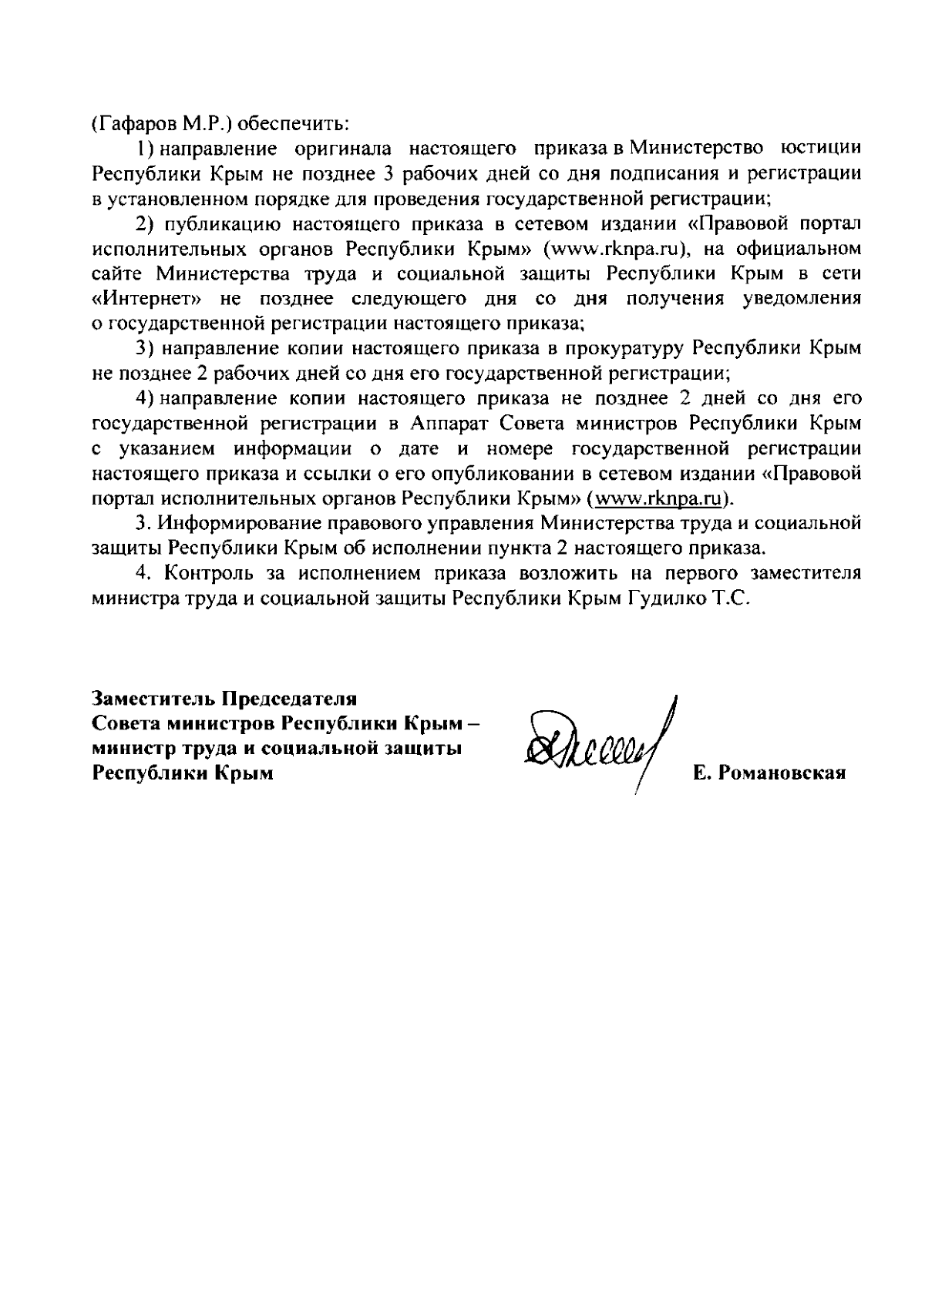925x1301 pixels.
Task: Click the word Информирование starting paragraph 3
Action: (x=238, y=524)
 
